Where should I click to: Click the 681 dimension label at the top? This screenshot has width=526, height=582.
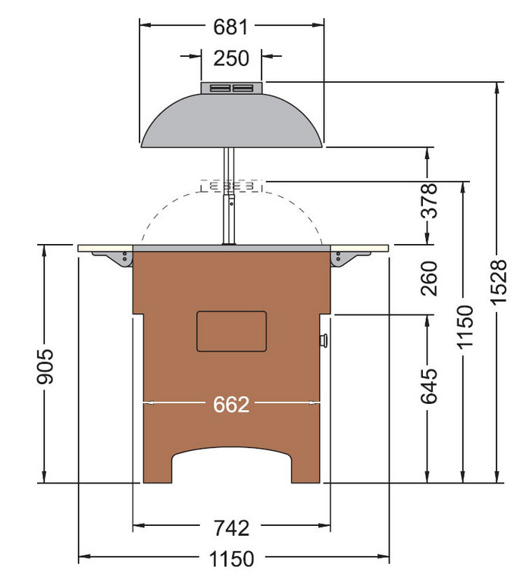(231, 27)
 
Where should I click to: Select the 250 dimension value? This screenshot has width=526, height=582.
(231, 58)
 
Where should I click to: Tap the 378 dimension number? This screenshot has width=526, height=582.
(429, 201)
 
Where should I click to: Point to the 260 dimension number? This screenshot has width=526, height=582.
(429, 279)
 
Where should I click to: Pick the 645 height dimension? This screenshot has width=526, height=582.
(429, 386)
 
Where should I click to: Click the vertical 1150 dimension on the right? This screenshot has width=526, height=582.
(465, 327)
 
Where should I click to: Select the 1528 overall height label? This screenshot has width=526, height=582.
(499, 282)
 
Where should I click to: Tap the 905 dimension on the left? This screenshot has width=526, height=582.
(45, 366)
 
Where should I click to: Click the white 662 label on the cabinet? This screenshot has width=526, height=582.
(231, 405)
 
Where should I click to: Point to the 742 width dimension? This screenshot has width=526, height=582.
(231, 527)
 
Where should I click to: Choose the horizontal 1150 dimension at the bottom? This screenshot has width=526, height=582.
(232, 559)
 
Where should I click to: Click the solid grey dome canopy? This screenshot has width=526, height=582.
(231, 121)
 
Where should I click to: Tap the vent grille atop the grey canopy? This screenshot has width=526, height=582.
(231, 89)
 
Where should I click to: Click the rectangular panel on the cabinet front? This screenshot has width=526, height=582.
(231, 331)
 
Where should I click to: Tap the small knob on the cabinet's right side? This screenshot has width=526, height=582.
(325, 339)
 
